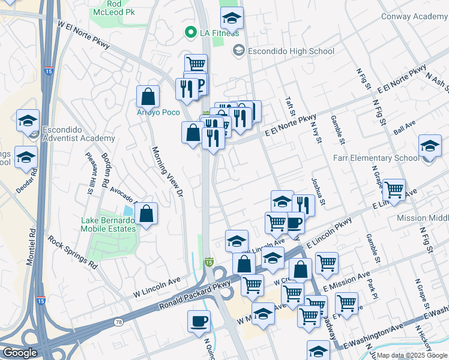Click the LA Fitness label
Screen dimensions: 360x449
[x=219, y=32]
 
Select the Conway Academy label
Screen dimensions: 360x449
[x=414, y=17]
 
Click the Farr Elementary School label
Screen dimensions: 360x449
[x=376, y=158]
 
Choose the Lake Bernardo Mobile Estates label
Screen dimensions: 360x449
[x=108, y=224]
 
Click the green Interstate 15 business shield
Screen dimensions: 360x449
[x=209, y=262]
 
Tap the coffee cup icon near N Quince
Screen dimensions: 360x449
[x=199, y=321]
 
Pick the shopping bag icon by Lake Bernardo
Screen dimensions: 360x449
[x=146, y=213]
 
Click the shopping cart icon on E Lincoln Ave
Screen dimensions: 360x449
[x=394, y=190]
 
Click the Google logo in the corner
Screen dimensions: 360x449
[x=20, y=353]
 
